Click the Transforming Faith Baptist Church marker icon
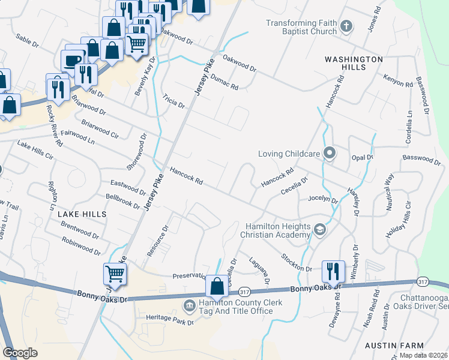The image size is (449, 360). point(346,26)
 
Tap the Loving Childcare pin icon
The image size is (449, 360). point(329,154)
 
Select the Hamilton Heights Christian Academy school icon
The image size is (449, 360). point(321,229)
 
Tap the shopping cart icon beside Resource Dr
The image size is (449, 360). point(115,274)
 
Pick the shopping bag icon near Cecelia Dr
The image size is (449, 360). point(217,286)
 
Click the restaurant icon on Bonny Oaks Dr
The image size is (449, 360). point(332,272)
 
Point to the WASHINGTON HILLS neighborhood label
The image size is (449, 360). point(354,64)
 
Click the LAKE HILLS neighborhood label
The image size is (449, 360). point(82,214)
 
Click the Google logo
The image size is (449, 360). point(20,353)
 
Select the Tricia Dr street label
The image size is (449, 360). point(173,103)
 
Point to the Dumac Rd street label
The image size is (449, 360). point(225,83)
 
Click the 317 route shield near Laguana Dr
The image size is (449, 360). point(244,292)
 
